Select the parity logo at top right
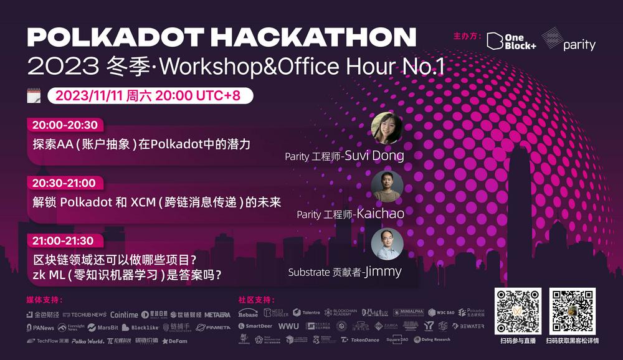click(568, 40)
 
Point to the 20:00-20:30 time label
click(65, 125)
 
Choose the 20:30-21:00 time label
click(64, 183)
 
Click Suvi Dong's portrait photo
click(387, 128)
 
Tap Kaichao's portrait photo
click(387, 186)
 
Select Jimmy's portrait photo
click(387, 244)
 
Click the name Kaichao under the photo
click(380, 214)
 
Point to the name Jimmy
click(383, 272)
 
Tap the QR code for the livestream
click(518, 311)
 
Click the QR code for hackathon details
click(572, 311)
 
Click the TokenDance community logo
click(361, 339)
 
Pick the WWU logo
click(288, 326)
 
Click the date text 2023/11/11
click(90, 96)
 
